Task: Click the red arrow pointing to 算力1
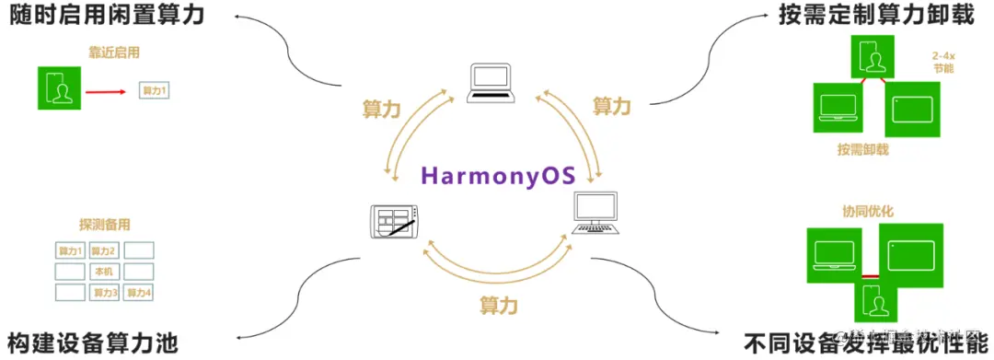(105, 91)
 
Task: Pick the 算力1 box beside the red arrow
(154, 91)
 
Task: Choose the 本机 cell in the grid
(103, 272)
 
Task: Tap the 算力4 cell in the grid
(138, 293)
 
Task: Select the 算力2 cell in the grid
(103, 250)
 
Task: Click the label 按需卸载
(862, 149)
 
